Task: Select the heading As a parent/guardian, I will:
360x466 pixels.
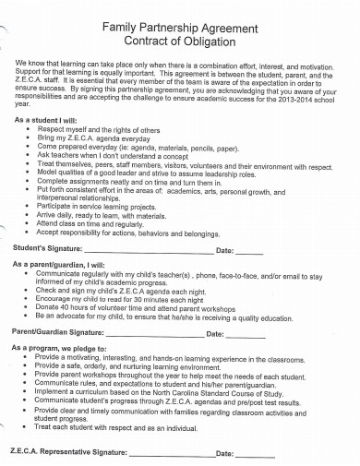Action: pos(70,264)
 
